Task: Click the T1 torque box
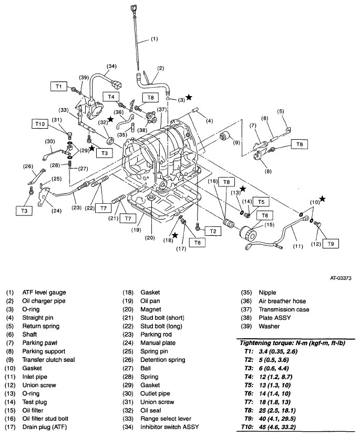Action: [x=59, y=86]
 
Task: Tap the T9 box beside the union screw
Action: [x=330, y=244]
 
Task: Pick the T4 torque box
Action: [x=110, y=97]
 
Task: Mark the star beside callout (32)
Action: [x=110, y=120]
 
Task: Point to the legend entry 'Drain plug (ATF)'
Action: [x=43, y=427]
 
